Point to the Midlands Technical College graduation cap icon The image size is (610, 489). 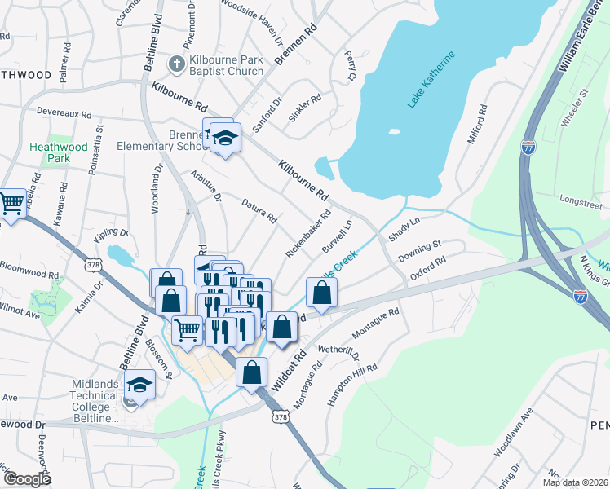(140, 385)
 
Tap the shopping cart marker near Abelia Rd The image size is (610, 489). (11, 204)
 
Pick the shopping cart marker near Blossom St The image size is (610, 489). (188, 330)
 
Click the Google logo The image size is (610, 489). (28, 479)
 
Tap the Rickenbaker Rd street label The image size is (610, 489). (308, 235)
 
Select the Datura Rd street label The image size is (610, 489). (260, 210)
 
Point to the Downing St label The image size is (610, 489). (419, 250)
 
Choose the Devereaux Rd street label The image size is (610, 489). (63, 113)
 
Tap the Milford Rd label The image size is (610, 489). (476, 125)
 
